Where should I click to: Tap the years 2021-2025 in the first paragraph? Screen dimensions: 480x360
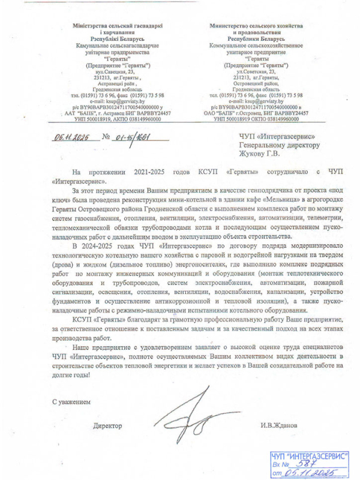[146, 171]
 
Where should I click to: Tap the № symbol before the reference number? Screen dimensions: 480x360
[106, 137]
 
